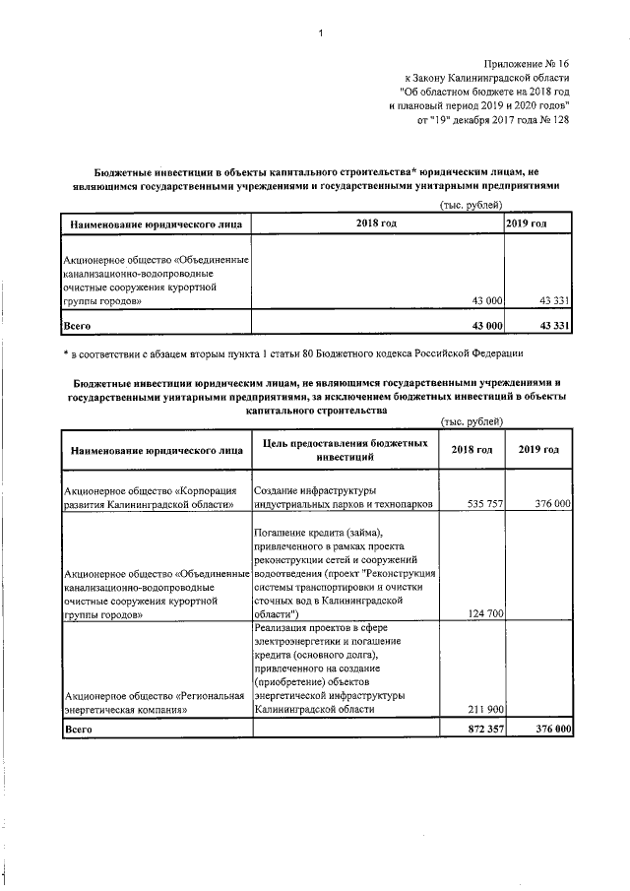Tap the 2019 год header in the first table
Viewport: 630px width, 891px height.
pyautogui.click(x=539, y=224)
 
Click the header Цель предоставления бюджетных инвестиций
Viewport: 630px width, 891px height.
pyautogui.click(x=345, y=450)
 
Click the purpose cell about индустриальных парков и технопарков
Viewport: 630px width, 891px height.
pyautogui.click(x=343, y=496)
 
